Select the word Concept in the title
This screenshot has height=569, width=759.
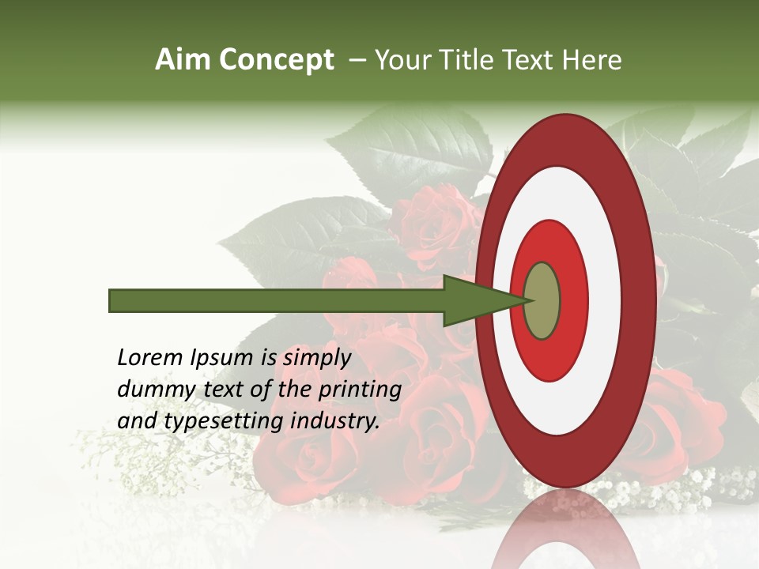(276, 60)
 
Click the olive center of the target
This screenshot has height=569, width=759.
(542, 300)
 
